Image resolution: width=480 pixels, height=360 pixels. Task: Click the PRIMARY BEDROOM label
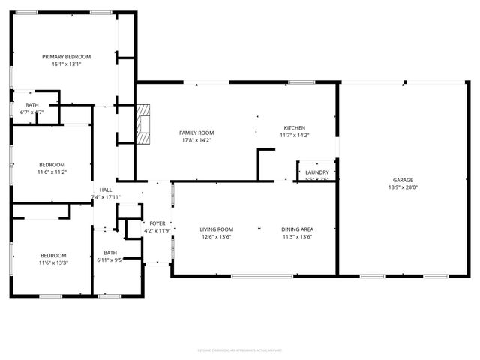(x=66, y=57)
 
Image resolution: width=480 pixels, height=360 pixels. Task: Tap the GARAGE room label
(x=403, y=180)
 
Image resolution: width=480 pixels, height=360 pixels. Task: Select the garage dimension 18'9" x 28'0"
(x=403, y=187)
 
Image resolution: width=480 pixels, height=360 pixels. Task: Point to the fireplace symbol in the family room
(x=144, y=124)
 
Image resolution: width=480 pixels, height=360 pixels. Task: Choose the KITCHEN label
(x=294, y=128)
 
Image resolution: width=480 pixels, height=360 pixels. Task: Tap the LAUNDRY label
(x=316, y=172)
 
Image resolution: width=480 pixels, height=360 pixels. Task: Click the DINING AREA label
(x=297, y=229)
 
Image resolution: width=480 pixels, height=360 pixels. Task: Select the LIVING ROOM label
(x=216, y=229)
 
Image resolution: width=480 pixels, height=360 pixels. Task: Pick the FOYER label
(x=157, y=223)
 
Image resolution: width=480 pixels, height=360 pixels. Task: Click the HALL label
(x=106, y=190)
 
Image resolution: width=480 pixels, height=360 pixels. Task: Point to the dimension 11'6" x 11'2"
(x=52, y=172)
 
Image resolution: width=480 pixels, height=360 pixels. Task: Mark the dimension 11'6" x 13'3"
(x=53, y=262)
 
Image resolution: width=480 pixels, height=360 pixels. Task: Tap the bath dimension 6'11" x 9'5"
(x=109, y=259)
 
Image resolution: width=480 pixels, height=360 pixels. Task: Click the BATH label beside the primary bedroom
(x=32, y=105)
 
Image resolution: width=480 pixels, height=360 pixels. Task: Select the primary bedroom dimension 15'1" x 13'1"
(x=66, y=64)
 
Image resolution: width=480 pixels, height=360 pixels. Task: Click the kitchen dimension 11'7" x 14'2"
(x=294, y=136)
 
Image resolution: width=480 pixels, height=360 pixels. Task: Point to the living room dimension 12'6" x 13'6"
(x=216, y=237)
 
